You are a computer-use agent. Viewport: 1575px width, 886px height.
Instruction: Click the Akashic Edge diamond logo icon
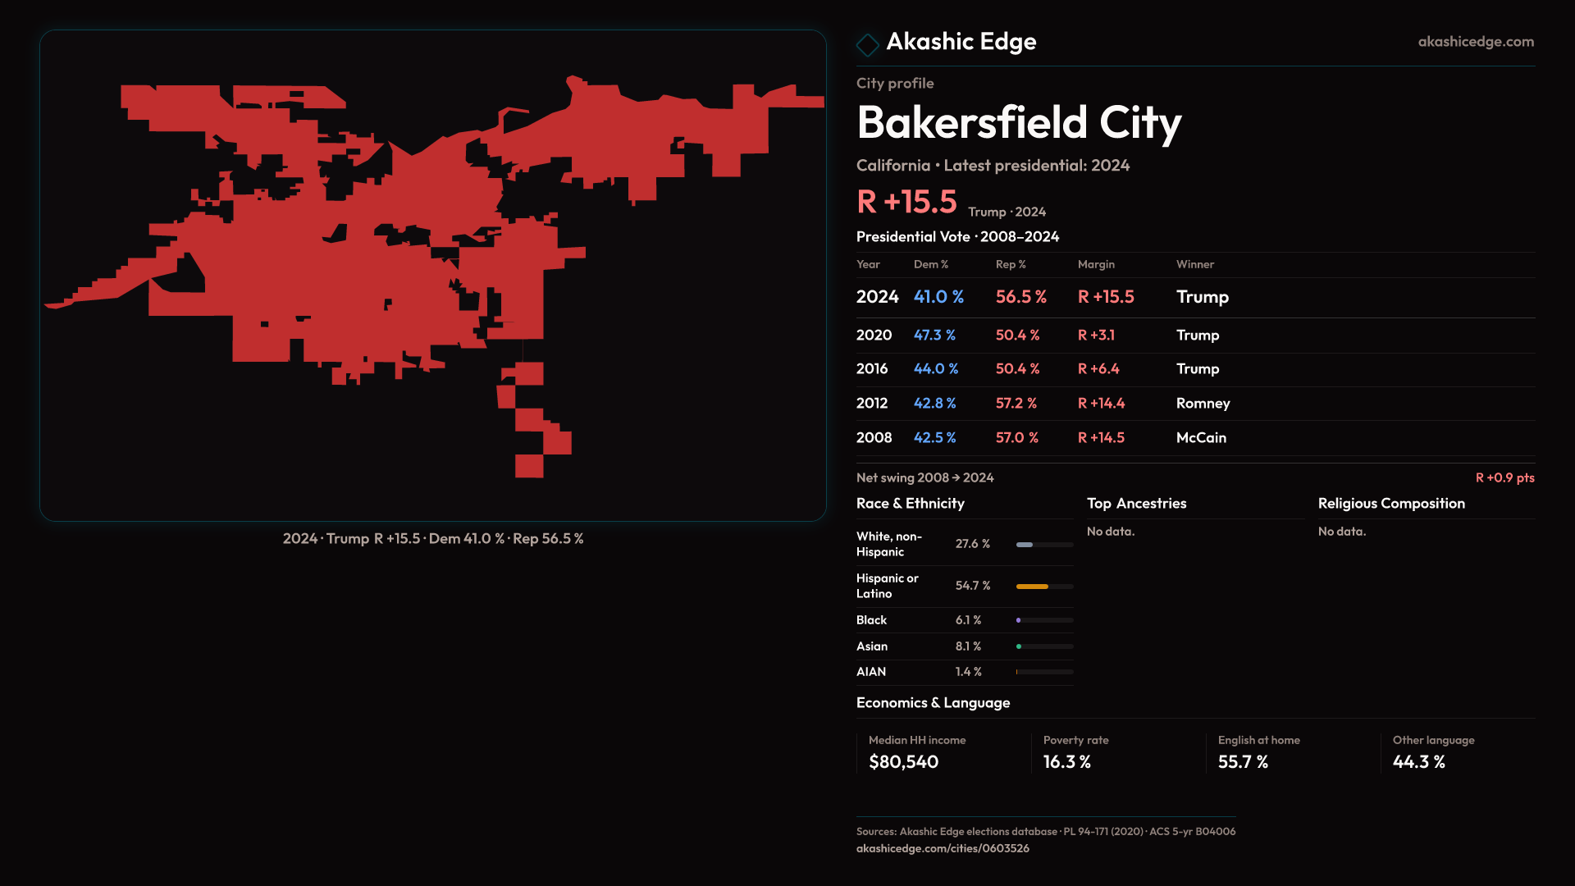tap(867, 43)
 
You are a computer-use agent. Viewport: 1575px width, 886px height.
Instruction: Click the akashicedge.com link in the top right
tap(1476, 41)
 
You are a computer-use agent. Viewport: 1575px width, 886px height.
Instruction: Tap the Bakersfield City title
tap(1019, 122)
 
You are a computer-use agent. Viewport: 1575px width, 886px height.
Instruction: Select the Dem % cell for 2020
tap(934, 335)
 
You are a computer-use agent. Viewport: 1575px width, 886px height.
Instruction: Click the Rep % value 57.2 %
tap(1016, 403)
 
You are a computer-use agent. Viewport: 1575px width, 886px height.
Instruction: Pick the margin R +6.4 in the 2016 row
tap(1098, 368)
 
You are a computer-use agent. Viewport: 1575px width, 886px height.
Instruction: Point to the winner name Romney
tap(1203, 403)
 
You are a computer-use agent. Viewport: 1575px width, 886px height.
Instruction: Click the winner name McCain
tap(1201, 437)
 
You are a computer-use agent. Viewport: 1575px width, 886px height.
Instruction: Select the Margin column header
tap(1096, 264)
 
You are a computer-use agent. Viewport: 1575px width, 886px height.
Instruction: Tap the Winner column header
tap(1194, 264)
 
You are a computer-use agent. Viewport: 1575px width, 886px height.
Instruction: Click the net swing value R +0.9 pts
tap(1504, 477)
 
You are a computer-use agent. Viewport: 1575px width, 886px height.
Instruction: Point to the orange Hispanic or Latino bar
tap(1032, 586)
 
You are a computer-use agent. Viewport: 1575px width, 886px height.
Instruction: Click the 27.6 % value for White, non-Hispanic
tap(972, 544)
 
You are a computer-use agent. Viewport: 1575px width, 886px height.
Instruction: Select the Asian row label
tap(872, 646)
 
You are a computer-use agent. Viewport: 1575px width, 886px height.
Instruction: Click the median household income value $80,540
tap(903, 761)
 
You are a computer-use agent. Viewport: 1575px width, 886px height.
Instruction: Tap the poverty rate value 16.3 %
tap(1066, 761)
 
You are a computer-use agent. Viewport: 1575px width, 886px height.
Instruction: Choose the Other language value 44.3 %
tap(1418, 761)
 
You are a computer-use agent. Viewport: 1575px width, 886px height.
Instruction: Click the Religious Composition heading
tap(1391, 503)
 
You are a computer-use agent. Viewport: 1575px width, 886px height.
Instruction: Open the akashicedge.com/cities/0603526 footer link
tap(943, 848)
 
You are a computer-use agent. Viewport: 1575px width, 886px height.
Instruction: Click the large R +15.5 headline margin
tap(906, 202)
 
